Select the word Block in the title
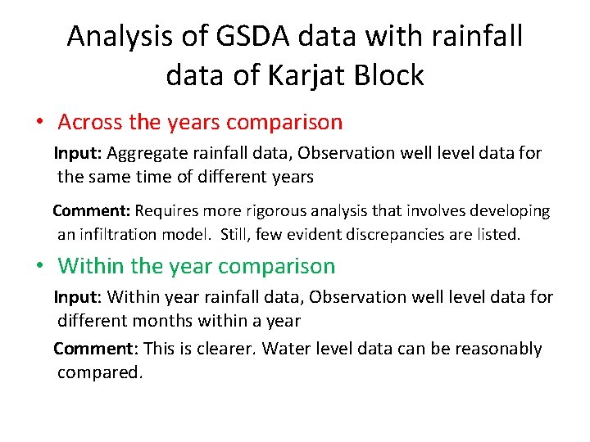[389, 75]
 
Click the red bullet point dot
[39, 123]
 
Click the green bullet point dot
[39, 266]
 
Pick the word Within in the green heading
[90, 266]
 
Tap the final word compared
[99, 373]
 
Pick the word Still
[241, 235]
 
